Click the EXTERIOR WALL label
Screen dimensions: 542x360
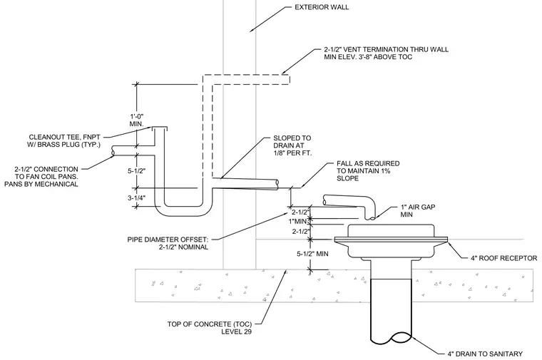(322, 7)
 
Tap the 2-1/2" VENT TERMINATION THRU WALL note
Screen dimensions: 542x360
(386, 53)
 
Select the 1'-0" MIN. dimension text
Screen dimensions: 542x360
(136, 120)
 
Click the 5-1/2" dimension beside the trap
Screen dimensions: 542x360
(137, 170)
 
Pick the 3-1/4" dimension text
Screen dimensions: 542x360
(136, 198)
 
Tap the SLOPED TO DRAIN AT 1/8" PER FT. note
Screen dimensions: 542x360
(292, 145)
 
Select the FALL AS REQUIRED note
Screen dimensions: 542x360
(368, 170)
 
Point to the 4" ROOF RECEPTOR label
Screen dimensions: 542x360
(504, 258)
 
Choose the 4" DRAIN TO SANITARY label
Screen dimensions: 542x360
(485, 354)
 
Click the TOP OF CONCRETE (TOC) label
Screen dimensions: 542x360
(210, 328)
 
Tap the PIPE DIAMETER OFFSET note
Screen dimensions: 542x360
(168, 243)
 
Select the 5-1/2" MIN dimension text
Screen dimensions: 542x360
(312, 254)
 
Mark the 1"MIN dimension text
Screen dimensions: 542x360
(298, 221)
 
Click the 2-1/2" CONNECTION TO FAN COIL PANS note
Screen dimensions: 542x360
(41, 177)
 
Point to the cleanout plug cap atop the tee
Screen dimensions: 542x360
(160, 128)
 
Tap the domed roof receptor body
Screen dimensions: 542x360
(391, 241)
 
